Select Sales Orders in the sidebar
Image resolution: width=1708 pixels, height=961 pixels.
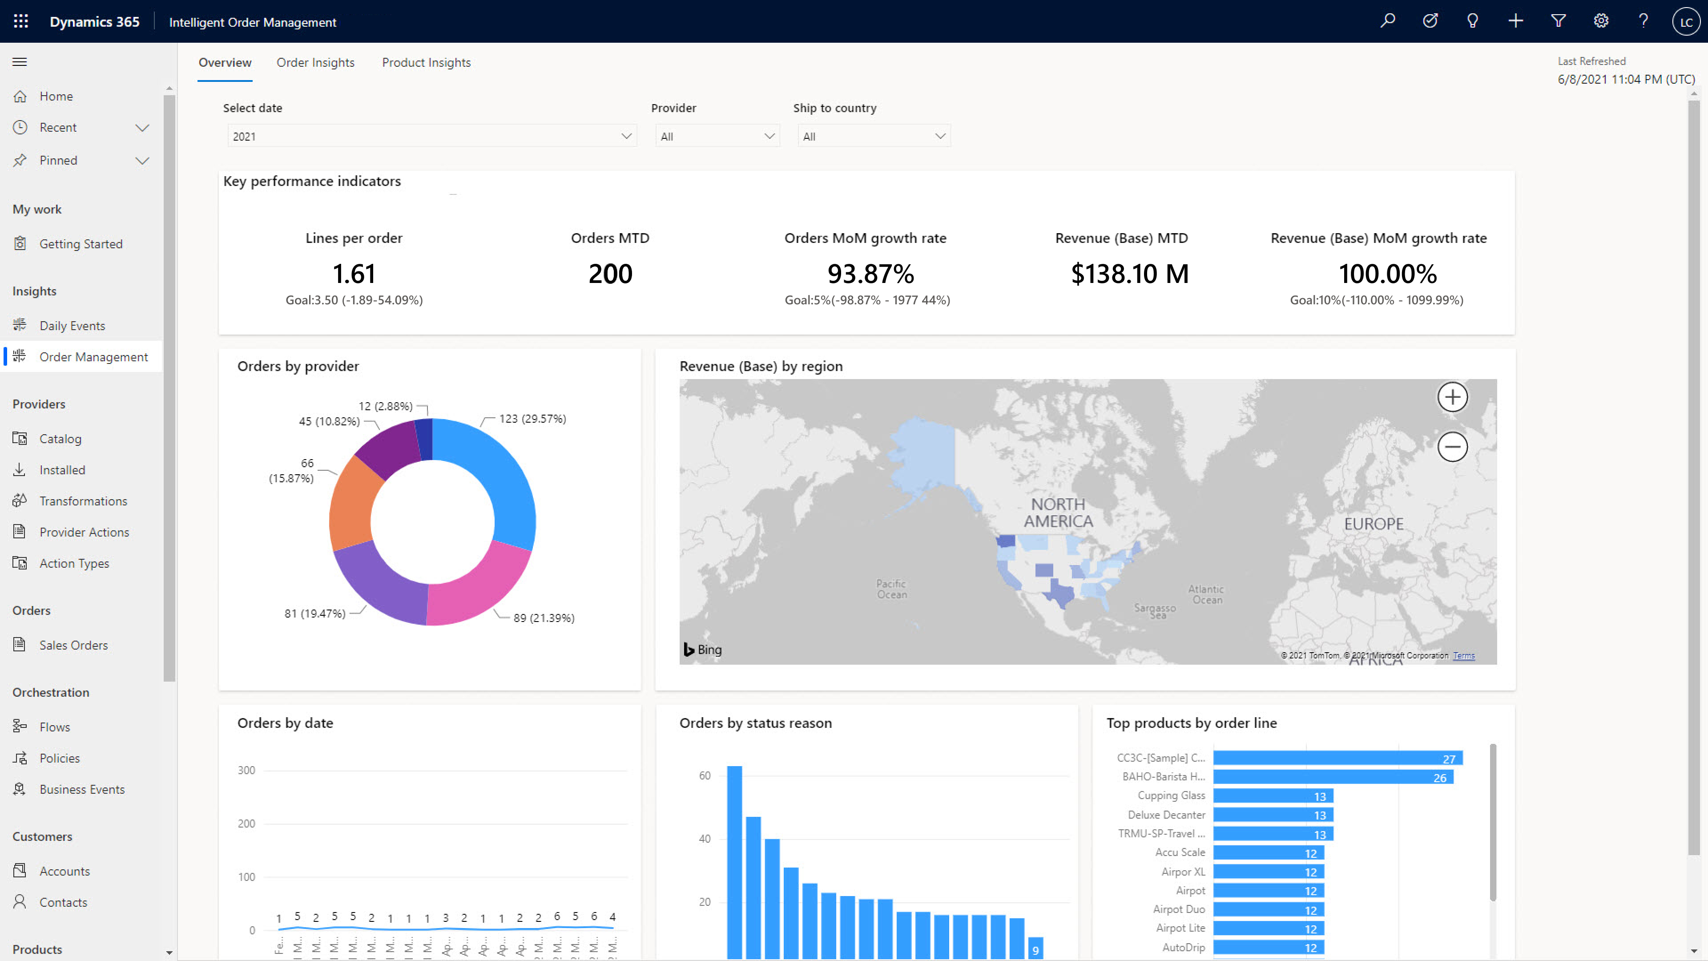click(73, 645)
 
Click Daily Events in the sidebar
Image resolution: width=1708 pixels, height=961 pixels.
click(72, 325)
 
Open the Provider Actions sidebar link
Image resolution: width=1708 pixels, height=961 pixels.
click(84, 532)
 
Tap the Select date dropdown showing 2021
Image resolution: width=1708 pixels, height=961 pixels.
click(431, 136)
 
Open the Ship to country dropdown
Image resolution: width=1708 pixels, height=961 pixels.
click(873, 136)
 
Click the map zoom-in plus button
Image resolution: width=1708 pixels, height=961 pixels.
click(1452, 397)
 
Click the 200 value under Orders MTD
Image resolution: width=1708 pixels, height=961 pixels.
click(610, 273)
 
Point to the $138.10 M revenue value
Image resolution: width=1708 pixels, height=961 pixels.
click(1129, 273)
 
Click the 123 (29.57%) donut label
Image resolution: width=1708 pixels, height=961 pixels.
click(532, 419)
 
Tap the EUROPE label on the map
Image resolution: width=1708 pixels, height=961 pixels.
click(1373, 524)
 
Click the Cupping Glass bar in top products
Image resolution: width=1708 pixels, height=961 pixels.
click(1273, 796)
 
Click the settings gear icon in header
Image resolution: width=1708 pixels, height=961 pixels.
click(1601, 21)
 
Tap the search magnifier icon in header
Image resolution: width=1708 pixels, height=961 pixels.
click(1387, 21)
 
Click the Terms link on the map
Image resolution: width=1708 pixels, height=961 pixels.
click(1463, 655)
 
